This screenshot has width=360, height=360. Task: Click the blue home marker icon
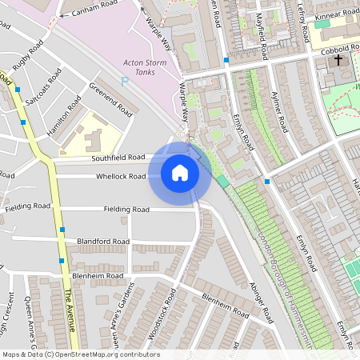tap(180, 172)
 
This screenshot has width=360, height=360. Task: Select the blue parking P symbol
tap(123, 81)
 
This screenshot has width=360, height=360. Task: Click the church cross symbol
tap(338, 60)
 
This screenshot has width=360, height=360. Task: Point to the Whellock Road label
tap(121, 176)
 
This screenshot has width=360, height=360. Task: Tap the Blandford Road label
tap(103, 241)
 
